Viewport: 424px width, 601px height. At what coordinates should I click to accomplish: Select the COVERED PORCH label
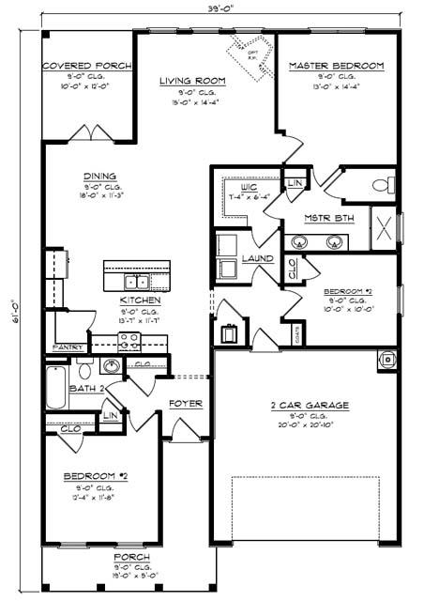click(87, 66)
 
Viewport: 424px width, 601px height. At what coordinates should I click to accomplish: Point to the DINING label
click(98, 176)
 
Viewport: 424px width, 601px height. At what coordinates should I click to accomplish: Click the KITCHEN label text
click(140, 300)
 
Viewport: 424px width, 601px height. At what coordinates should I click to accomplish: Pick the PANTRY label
click(68, 347)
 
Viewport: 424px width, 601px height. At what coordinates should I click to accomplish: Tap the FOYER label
click(185, 404)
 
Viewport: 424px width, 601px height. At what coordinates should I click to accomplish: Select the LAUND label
click(258, 257)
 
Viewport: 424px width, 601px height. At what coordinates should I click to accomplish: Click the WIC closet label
click(249, 187)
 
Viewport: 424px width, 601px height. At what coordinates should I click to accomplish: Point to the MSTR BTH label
click(328, 219)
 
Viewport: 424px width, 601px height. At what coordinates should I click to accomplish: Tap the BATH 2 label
click(86, 388)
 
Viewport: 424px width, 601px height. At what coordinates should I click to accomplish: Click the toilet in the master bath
click(384, 184)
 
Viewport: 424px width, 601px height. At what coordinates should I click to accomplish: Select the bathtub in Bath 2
click(55, 388)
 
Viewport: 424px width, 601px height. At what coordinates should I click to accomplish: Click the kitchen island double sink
click(137, 281)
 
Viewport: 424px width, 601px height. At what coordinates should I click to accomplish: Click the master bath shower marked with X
click(383, 227)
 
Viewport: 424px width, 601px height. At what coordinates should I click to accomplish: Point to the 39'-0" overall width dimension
click(221, 8)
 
